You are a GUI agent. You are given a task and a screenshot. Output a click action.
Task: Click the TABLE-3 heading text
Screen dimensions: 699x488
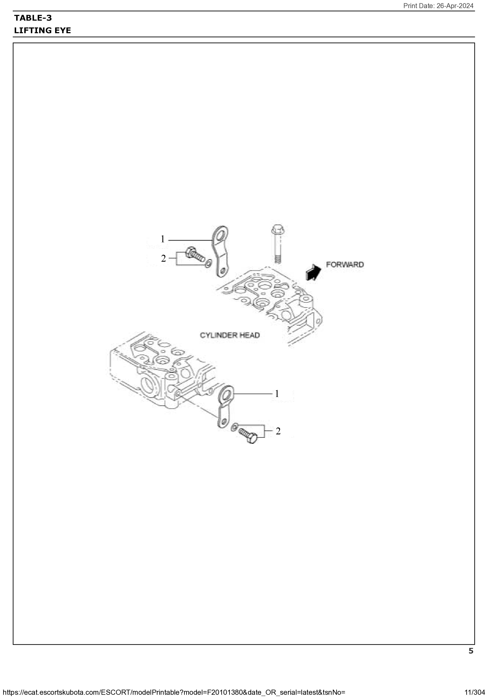tap(33, 18)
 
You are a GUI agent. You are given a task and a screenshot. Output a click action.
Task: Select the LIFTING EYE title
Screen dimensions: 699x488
tap(42, 30)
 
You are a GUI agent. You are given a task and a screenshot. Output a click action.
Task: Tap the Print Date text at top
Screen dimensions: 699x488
tap(438, 6)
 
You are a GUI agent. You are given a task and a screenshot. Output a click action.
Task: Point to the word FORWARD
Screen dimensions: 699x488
tap(345, 265)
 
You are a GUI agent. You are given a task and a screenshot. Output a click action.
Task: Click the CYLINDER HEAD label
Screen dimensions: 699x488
tap(230, 335)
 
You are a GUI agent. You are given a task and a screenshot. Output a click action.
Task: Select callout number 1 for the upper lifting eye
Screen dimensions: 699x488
tap(163, 239)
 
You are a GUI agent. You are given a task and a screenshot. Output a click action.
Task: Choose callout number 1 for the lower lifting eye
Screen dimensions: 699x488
tap(277, 394)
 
